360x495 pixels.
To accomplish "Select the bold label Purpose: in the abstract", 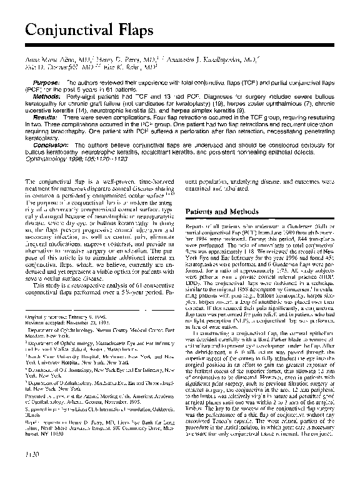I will pyautogui.click(x=46, y=82).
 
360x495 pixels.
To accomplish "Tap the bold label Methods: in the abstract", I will pyautogui.click(x=47, y=98).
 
